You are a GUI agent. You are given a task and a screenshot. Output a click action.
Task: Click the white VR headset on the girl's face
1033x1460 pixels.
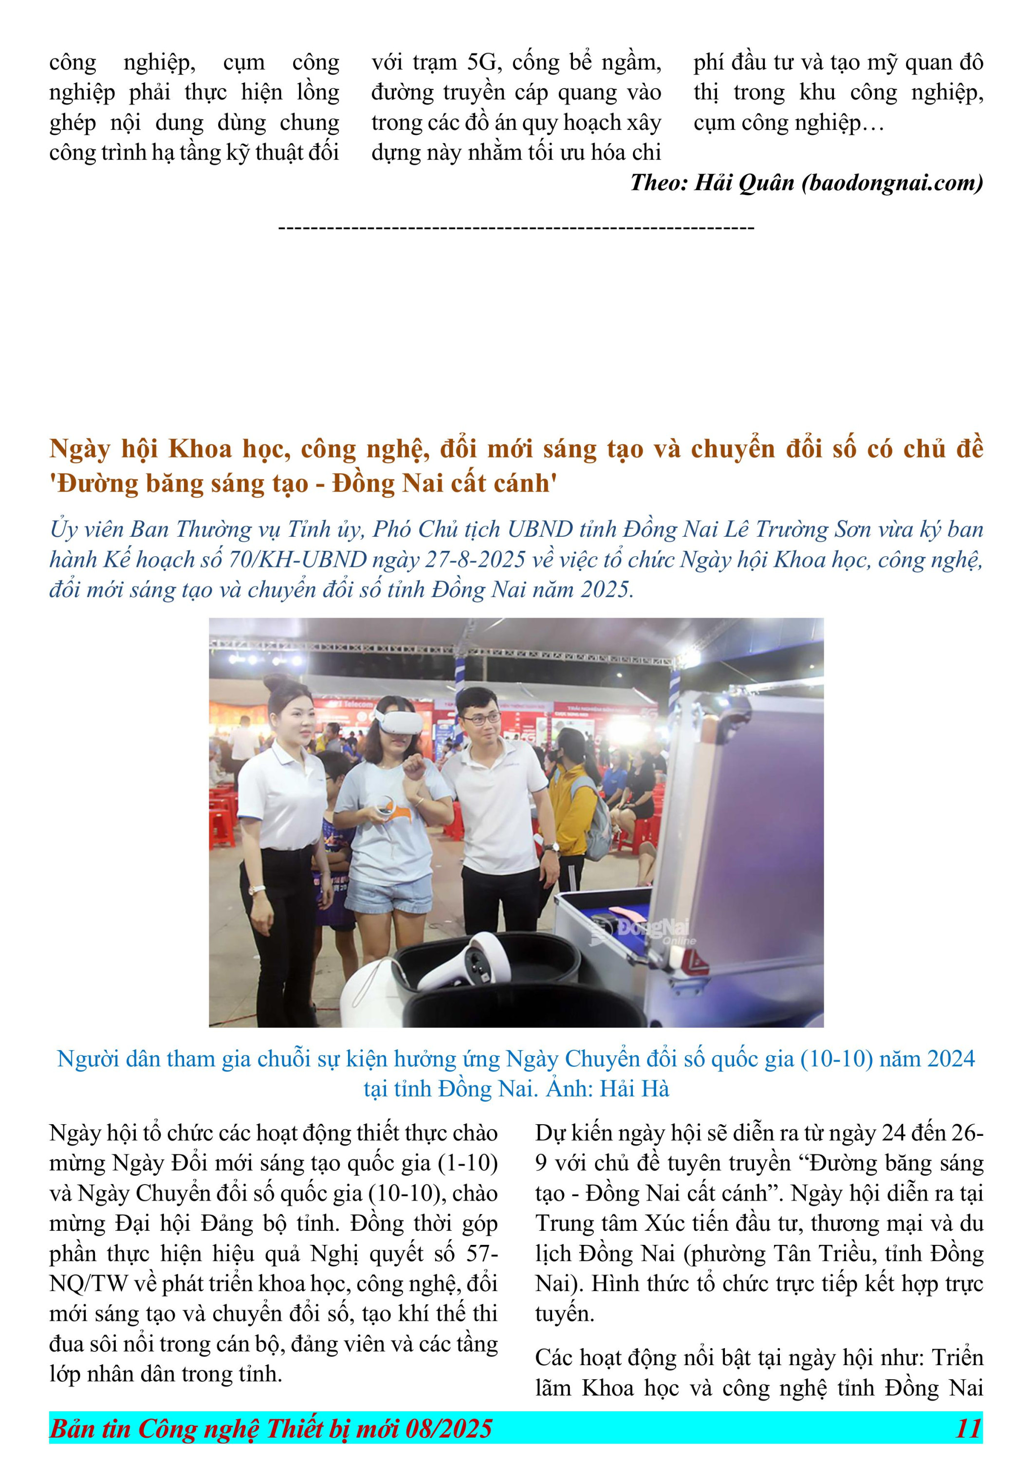(399, 722)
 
